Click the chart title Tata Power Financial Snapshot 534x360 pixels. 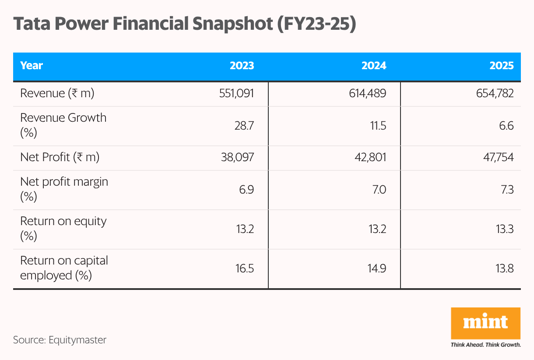pos(184,25)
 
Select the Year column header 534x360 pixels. pos(32,66)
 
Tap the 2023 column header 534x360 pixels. pos(242,66)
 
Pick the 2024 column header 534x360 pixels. pos(374,66)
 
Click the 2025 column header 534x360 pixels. pos(502,66)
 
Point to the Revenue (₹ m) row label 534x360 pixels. pos(57,93)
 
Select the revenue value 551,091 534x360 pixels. pos(237,93)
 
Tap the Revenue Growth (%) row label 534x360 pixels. pos(63,125)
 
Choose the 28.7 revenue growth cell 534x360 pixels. pos(244,126)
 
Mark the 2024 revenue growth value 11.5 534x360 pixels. pos(377,126)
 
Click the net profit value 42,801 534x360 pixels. pos(371,157)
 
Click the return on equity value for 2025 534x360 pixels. pos(504,229)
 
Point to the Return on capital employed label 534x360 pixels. pos(64,268)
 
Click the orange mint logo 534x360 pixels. pos(485,323)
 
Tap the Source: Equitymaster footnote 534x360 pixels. pos(60,340)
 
